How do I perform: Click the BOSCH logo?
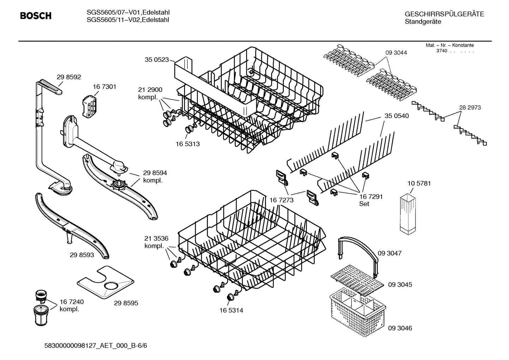36,16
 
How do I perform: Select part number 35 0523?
157,60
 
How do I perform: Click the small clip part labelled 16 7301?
89,105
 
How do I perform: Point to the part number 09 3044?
396,53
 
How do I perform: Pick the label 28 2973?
470,107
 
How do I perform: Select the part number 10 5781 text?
419,183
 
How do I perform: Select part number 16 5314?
231,311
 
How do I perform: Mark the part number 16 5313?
188,144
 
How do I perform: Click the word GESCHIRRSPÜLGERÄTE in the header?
444,14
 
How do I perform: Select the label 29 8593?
82,255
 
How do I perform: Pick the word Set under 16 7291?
364,204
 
